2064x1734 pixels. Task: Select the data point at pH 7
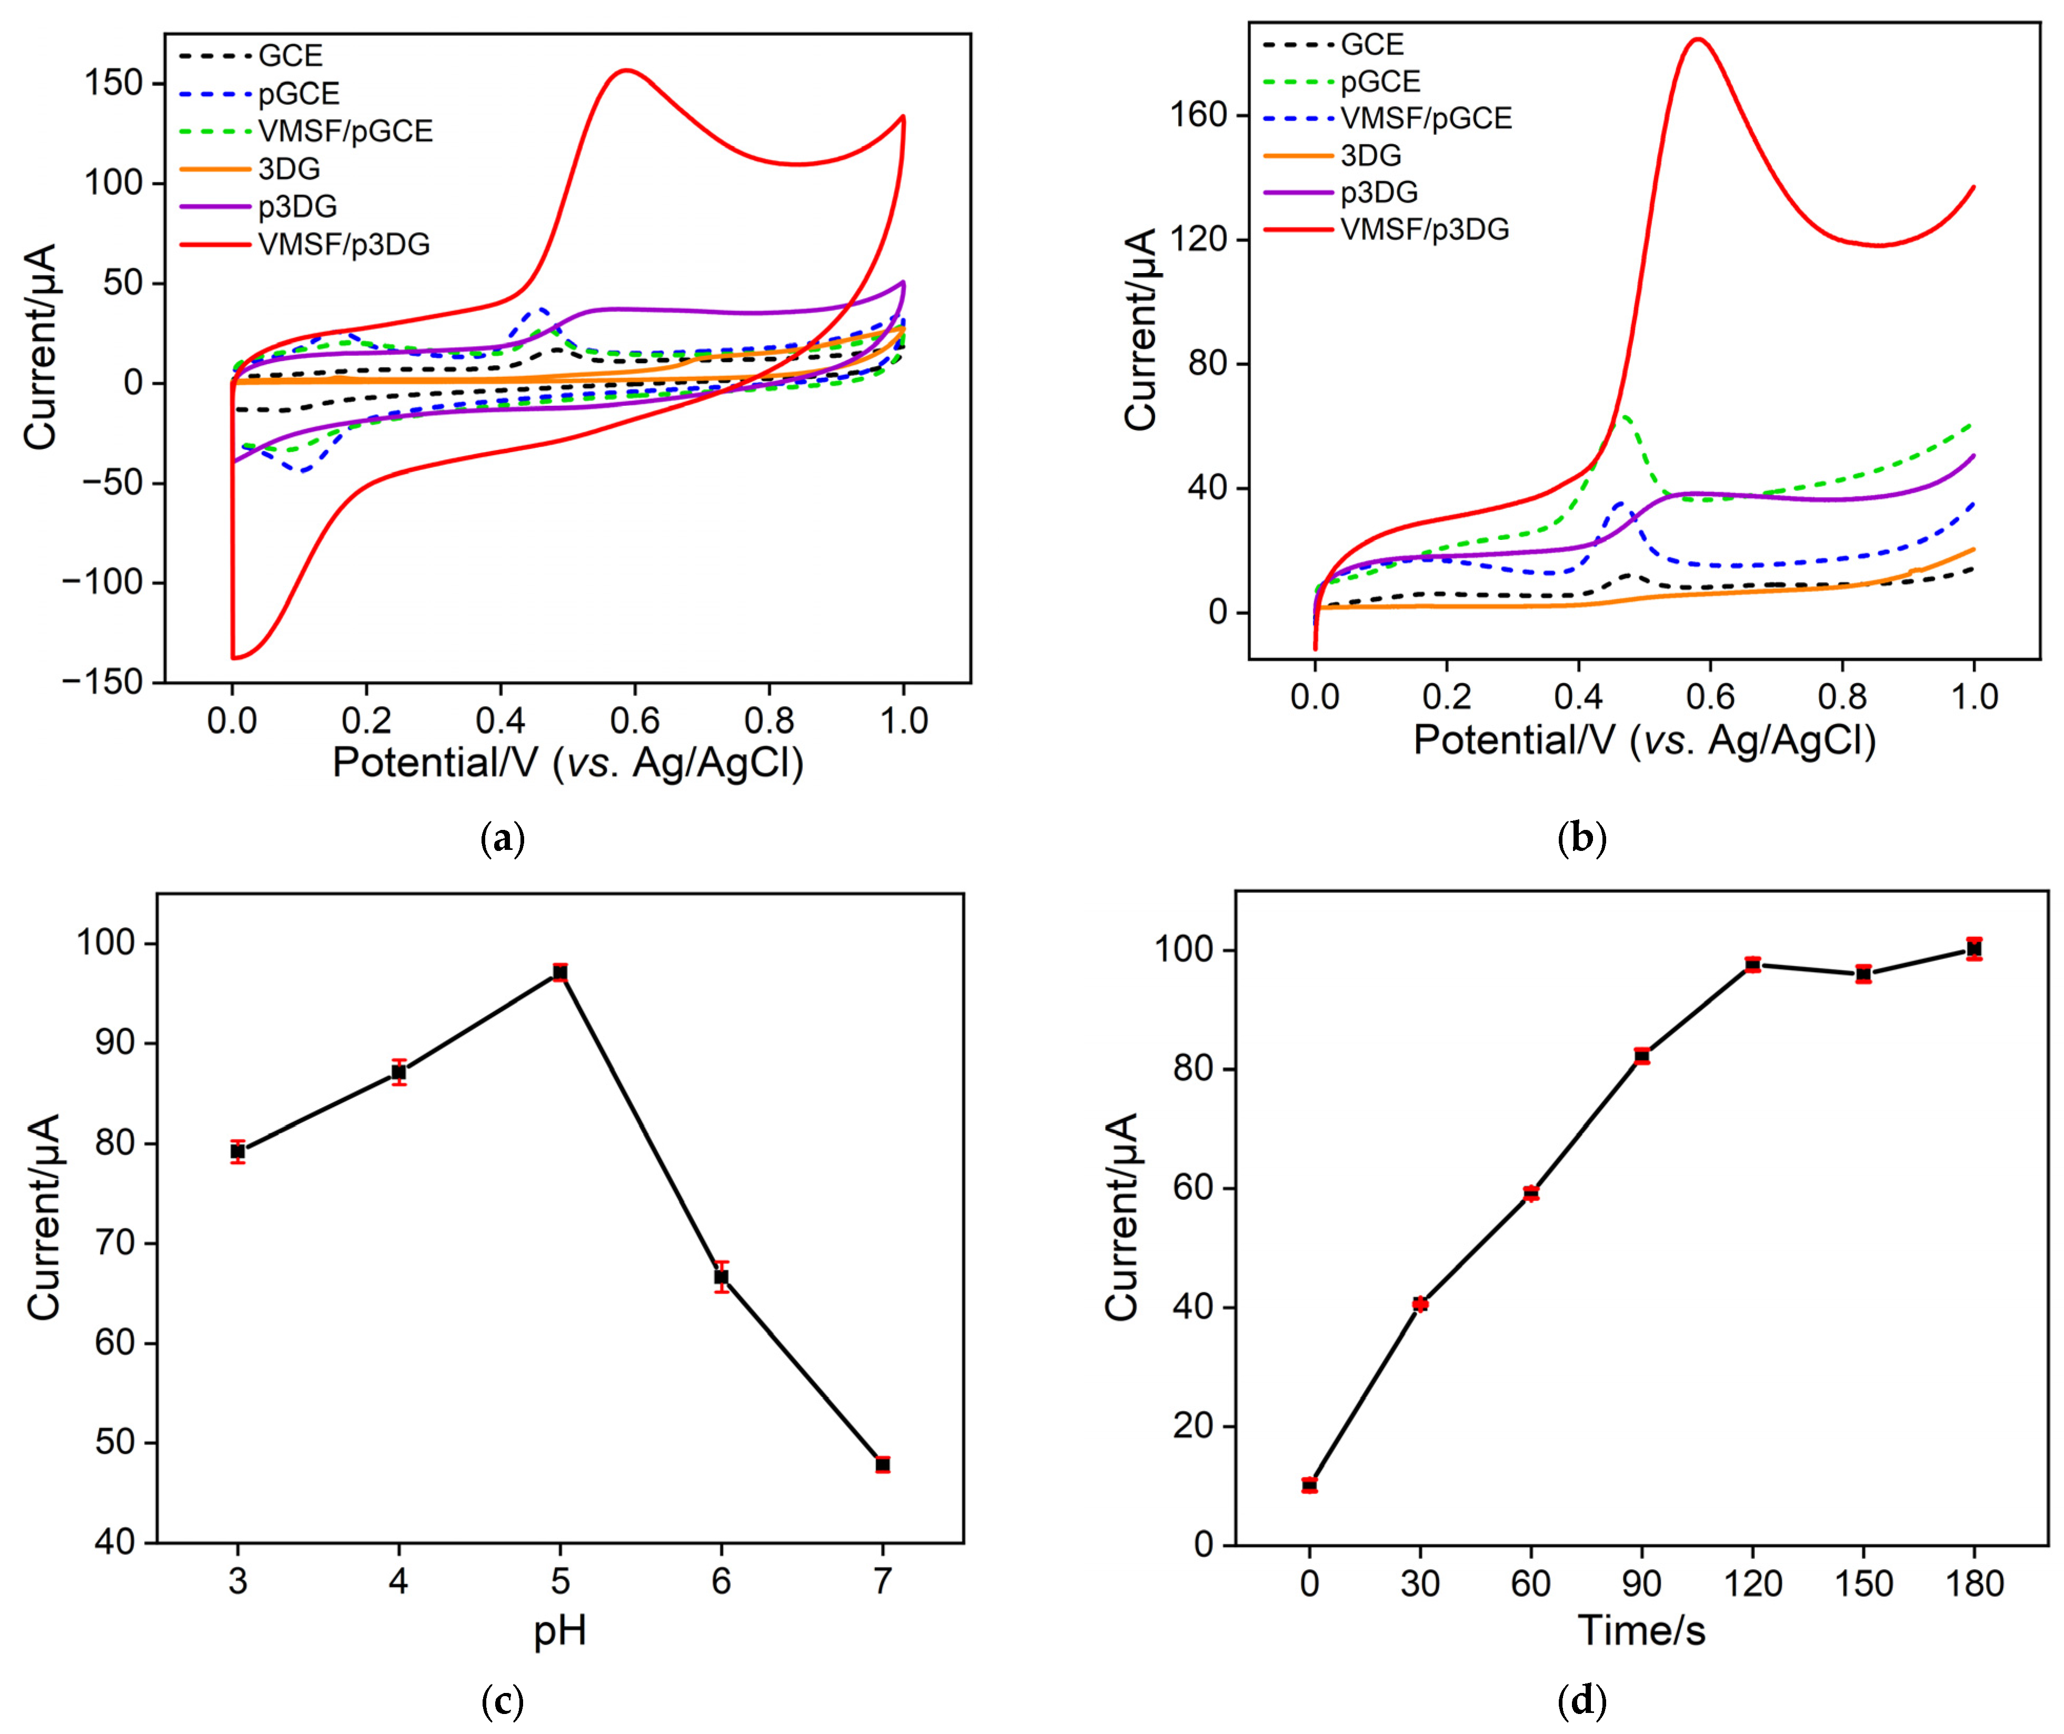(x=883, y=1465)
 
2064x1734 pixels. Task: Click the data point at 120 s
(x=1752, y=964)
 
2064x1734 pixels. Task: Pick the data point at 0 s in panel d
(x=1309, y=1485)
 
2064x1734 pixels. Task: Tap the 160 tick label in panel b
(x=1199, y=116)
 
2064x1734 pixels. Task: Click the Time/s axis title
(x=1641, y=1631)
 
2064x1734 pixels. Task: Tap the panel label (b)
(x=1582, y=838)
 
